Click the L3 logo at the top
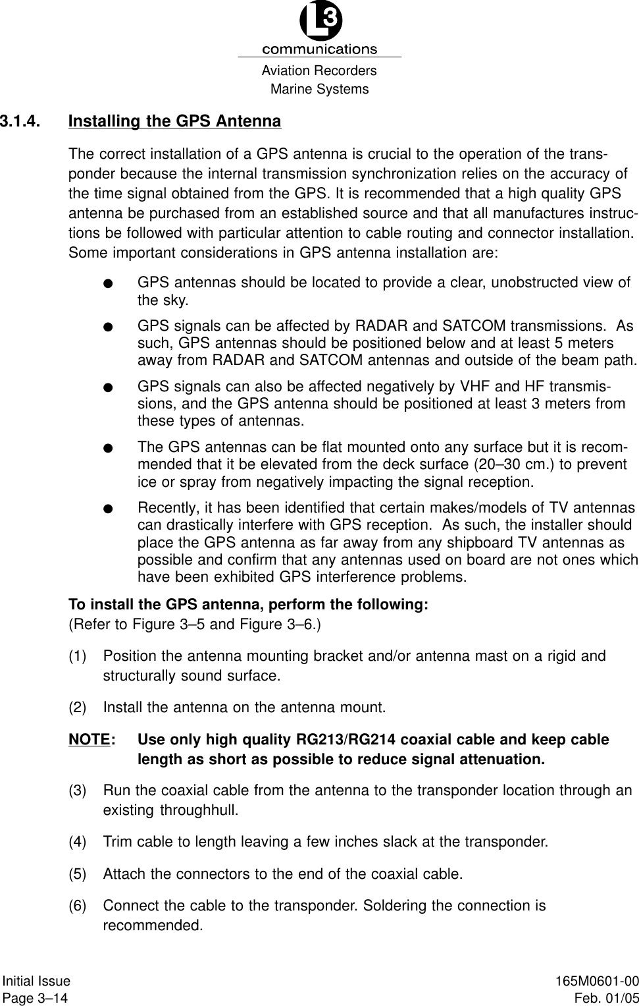tap(320, 23)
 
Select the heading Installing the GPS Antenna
tap(174, 122)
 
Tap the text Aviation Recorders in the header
tap(319, 71)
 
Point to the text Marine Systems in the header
tap(319, 89)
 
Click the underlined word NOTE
tap(89, 740)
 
